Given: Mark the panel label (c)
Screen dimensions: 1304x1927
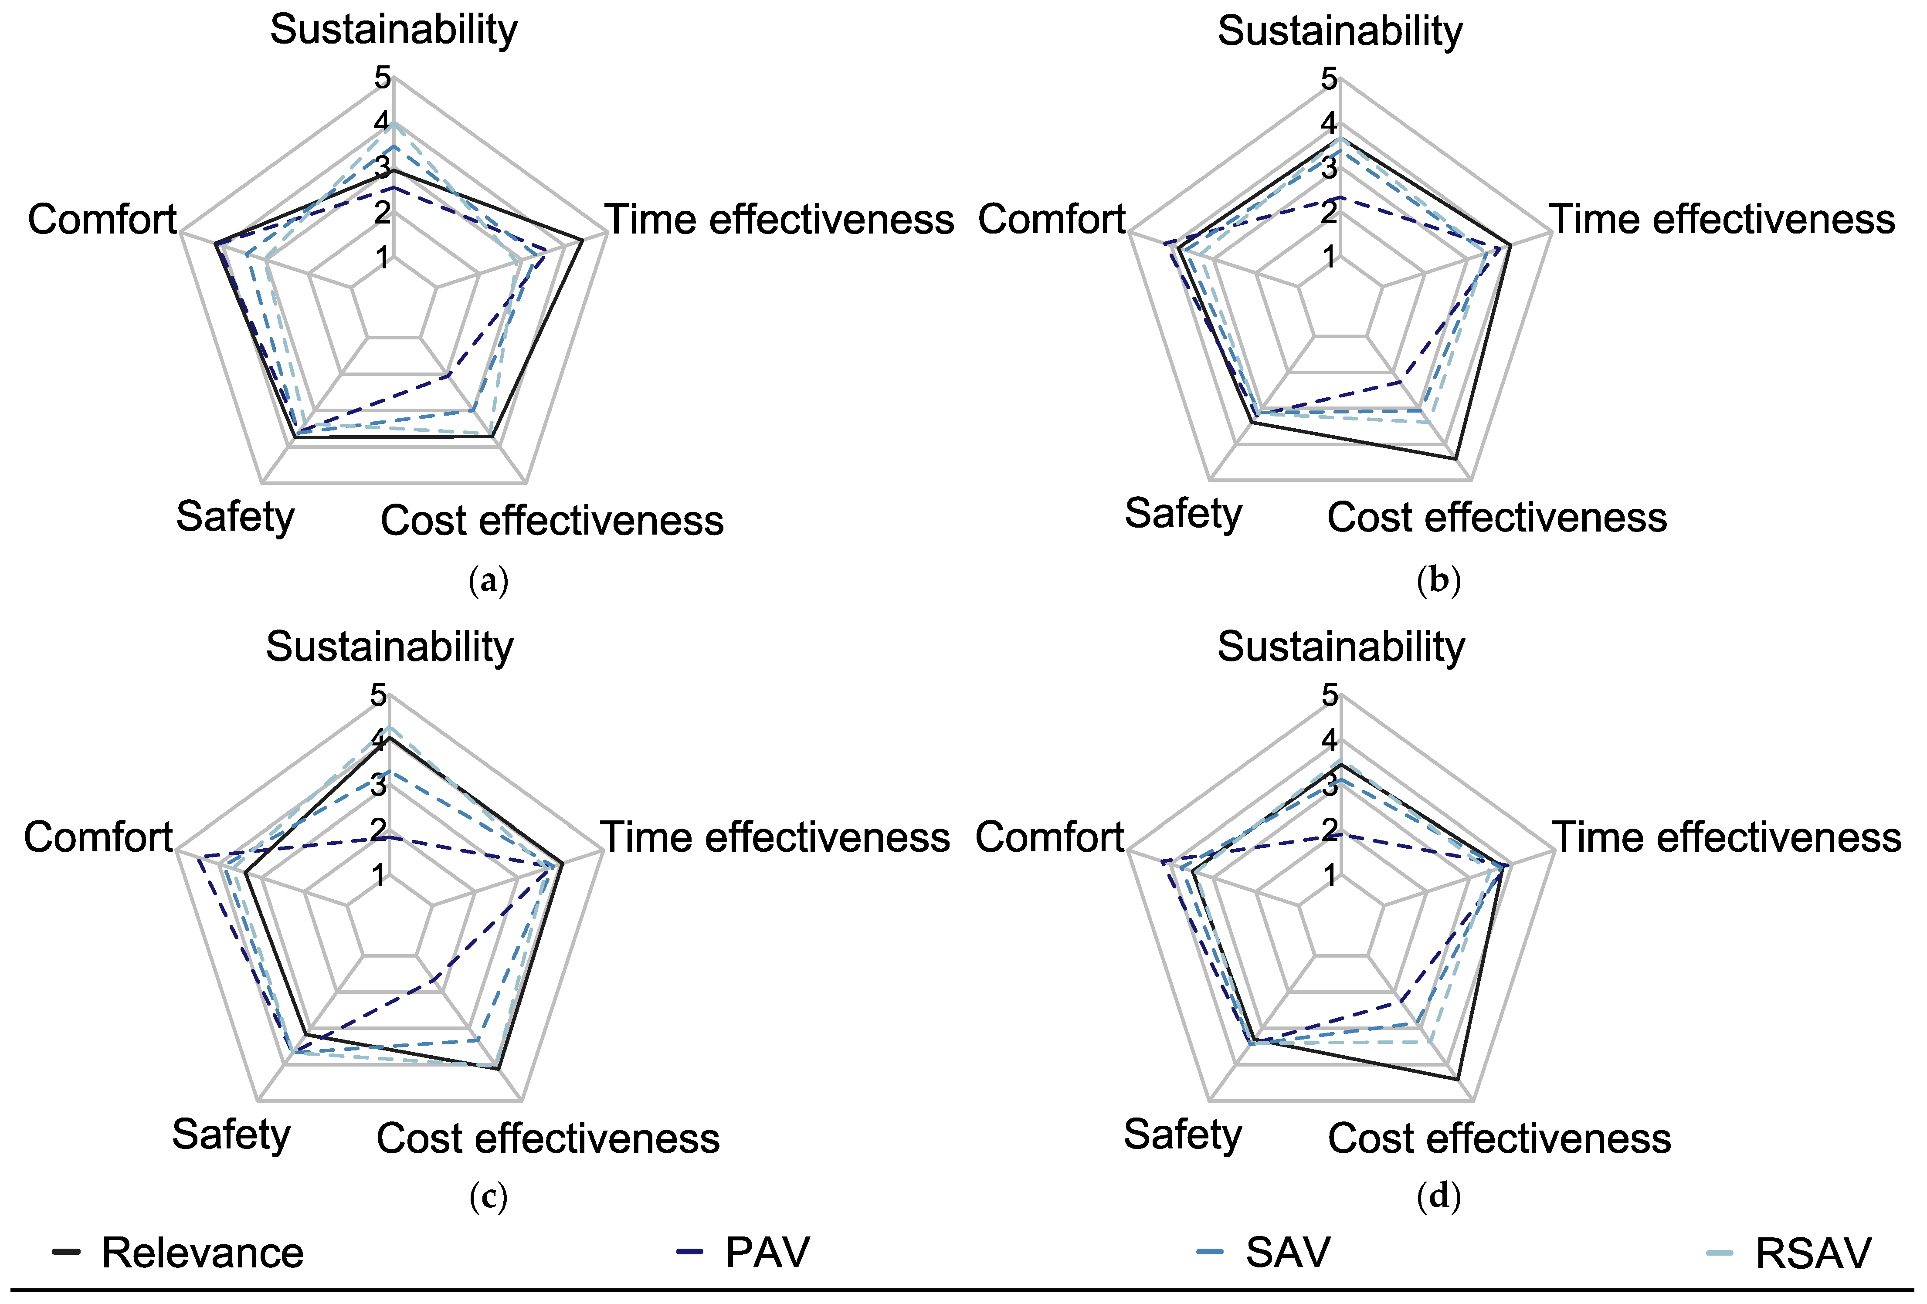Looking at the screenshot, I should pyautogui.click(x=489, y=1196).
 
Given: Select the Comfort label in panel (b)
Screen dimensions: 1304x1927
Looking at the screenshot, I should pyautogui.click(x=1052, y=220).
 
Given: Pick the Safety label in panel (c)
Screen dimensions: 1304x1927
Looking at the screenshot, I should pyautogui.click(x=231, y=1134).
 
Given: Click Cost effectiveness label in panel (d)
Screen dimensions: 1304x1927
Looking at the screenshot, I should pyautogui.click(x=1499, y=1138).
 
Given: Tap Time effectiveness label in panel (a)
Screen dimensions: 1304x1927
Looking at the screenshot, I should pyautogui.click(x=780, y=220).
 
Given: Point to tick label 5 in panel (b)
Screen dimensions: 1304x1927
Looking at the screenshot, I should pyautogui.click(x=1329, y=80).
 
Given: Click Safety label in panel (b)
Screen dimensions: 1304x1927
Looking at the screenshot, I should pyautogui.click(x=1183, y=514).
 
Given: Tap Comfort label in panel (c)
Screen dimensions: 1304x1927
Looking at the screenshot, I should pyautogui.click(x=98, y=837).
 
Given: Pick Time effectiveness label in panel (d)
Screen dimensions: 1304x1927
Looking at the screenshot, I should pyautogui.click(x=1727, y=837).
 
